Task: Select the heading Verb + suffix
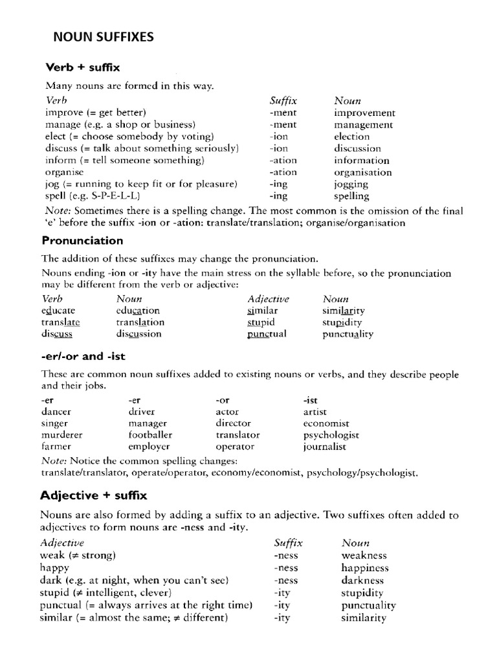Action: pos(82,67)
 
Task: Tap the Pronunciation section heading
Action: pos(82,240)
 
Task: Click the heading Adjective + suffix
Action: pos(94,495)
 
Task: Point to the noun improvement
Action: pos(364,113)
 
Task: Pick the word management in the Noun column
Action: pos(363,125)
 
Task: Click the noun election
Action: pos(352,137)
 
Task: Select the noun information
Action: pos(362,161)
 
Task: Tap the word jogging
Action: pos(351,184)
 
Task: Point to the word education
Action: pos(138,311)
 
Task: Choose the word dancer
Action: pos(56,412)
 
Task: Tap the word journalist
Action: pos(325,447)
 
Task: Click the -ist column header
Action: pos(311,399)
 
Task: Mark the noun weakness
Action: pos(364,556)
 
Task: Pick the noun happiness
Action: pos(365,568)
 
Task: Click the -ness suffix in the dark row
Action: pos(286,580)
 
